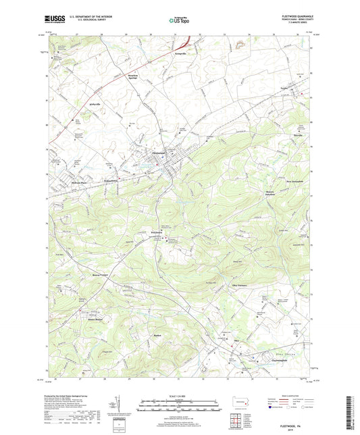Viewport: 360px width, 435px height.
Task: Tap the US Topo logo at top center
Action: [x=179, y=21]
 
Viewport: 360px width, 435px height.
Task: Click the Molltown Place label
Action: [x=81, y=182]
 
